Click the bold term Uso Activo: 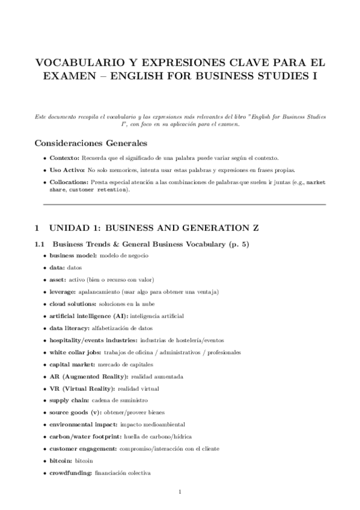pyautogui.click(x=67, y=170)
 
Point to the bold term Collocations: pyautogui.click(x=69, y=182)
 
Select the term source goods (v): pyautogui.click(x=75, y=412)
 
